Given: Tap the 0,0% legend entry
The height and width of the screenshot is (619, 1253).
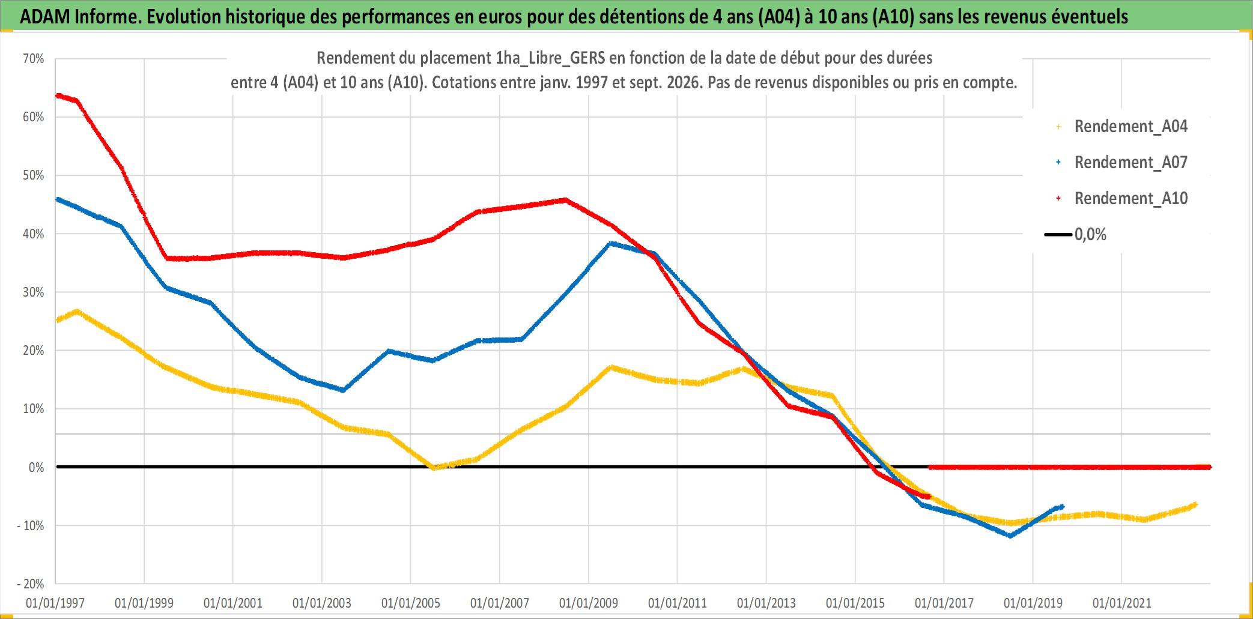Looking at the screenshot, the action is tap(1076, 234).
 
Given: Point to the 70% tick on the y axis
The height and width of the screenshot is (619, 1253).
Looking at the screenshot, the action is tap(34, 59).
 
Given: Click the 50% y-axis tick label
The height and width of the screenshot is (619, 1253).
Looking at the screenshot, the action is tap(34, 175).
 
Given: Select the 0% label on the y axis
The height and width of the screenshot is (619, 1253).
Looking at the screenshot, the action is tap(37, 467).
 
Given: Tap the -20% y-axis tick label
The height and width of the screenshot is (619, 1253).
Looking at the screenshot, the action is tap(31, 584).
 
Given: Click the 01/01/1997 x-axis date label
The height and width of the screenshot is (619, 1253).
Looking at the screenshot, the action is tap(55, 603).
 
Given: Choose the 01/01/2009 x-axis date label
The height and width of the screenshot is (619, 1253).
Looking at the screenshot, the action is tap(589, 603).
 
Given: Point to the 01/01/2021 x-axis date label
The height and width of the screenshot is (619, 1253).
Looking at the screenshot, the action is tap(1122, 603).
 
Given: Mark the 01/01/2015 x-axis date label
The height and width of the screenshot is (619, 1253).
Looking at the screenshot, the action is tap(855, 603).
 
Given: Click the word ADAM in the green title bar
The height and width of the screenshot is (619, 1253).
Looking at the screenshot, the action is tap(45, 17).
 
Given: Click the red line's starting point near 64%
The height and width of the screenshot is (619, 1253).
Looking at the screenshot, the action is tap(58, 95).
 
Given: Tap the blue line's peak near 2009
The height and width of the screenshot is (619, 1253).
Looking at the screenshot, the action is tap(611, 243).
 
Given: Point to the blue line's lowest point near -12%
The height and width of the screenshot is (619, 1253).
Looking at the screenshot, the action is tap(1010, 536).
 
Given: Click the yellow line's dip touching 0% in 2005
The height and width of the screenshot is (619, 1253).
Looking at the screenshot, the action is tap(434, 467).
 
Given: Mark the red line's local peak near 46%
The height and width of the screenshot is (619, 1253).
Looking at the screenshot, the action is tap(565, 200).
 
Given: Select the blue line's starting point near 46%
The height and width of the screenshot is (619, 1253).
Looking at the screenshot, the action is tap(58, 199).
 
